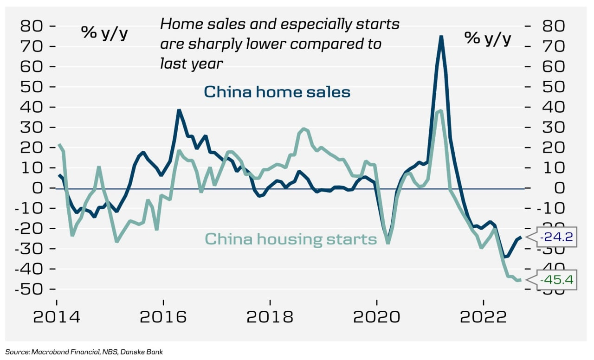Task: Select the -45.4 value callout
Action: (x=556, y=280)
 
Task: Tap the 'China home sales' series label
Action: (x=277, y=91)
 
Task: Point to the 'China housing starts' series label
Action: (x=291, y=239)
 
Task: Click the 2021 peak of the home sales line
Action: (x=441, y=37)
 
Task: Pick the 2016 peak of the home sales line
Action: (x=179, y=110)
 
